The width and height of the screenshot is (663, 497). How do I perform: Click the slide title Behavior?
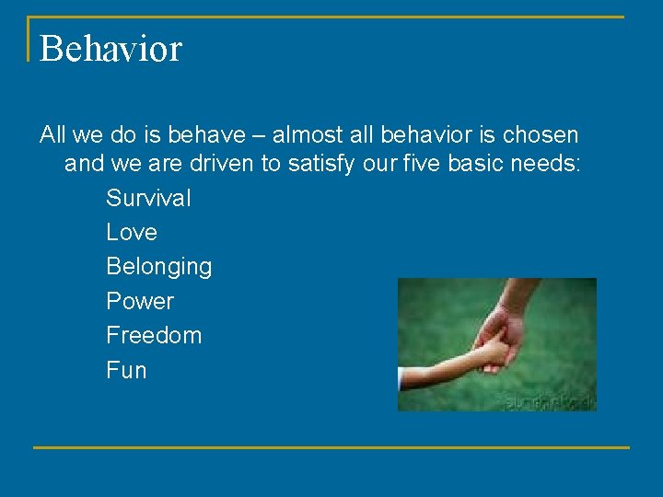coord(110,48)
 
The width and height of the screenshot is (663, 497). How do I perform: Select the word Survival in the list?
coord(148,198)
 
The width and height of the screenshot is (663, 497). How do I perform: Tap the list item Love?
coord(132,232)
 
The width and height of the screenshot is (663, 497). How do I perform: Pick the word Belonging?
coord(158,267)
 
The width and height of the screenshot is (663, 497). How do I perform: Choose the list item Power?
coord(140,301)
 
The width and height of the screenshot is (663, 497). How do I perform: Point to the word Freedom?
coord(154,335)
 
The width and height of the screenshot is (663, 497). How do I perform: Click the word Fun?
coord(126,370)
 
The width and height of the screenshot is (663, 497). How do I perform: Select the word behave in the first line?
coord(215,135)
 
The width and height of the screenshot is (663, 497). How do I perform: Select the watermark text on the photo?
coord(549,402)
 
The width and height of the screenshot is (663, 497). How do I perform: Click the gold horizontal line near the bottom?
coord(331,447)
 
